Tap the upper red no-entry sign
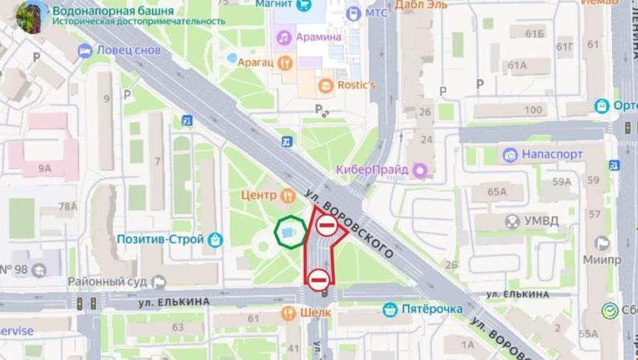[x=326, y=226]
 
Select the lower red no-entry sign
[x=318, y=279]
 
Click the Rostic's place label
[x=357, y=85]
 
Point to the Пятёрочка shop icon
[x=390, y=309]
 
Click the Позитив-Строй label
[x=161, y=240]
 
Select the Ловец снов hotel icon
[x=85, y=50]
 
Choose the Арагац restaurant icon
[x=284, y=62]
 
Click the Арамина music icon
[x=284, y=36]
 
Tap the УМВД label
[x=542, y=221]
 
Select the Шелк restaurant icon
[x=288, y=312]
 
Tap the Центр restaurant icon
[x=286, y=194]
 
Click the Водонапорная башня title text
[x=113, y=10]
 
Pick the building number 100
[x=533, y=110]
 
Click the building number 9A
[x=45, y=168]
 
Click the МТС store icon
[x=352, y=13]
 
